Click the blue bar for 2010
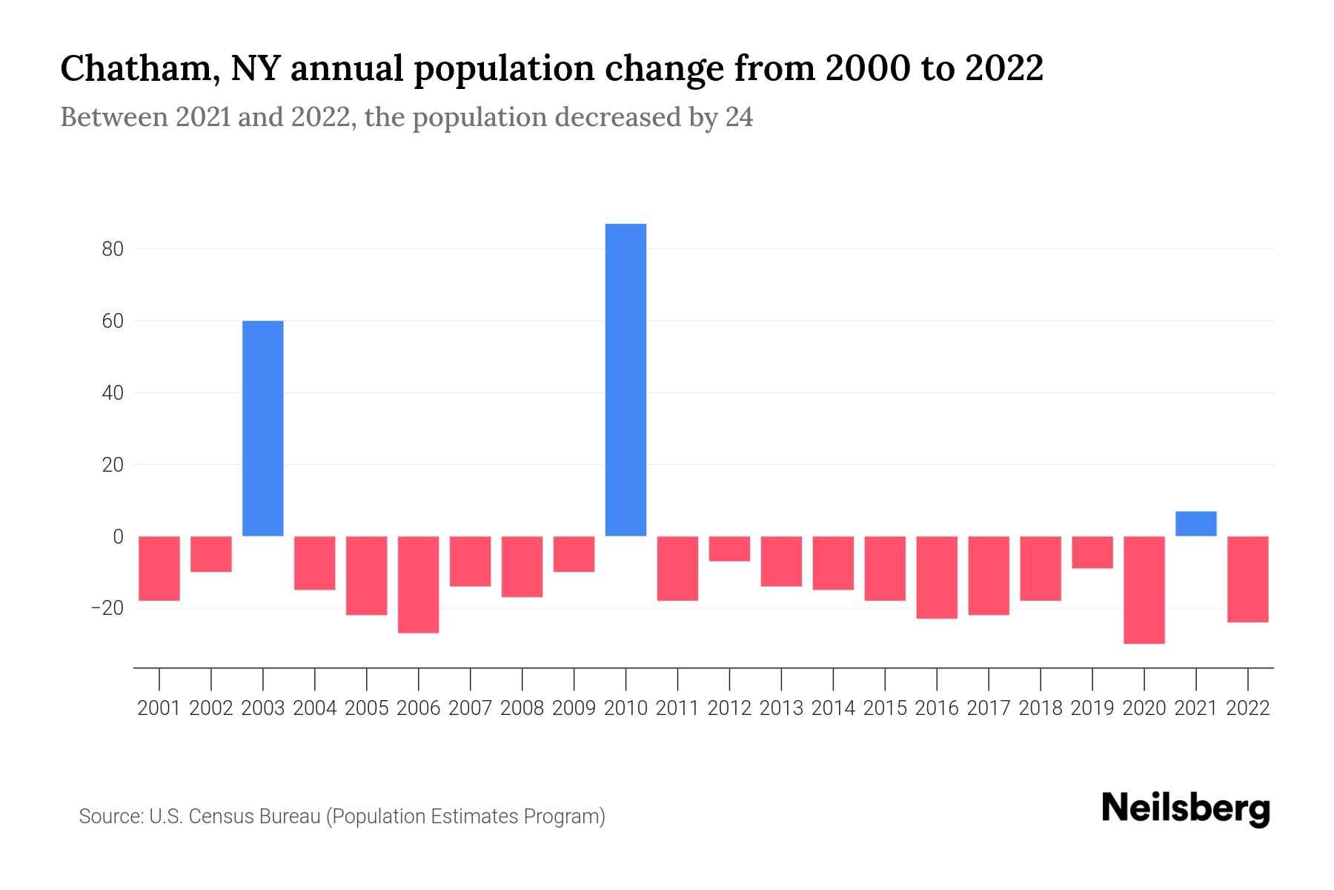coord(625,380)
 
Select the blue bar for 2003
coord(263,428)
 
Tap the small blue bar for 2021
coord(1195,524)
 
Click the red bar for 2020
coord(1144,590)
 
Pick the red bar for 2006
coord(419,584)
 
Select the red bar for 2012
coord(729,549)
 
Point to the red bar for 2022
coord(1247,579)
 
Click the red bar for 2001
coord(159,568)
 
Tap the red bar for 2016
coord(937,577)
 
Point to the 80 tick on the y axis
coord(113,249)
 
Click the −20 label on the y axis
coord(107,608)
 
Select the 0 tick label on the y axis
coord(118,536)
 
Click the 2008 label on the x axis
coord(522,708)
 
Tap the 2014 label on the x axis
coord(833,708)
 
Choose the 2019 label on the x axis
coord(1092,708)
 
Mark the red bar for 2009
coord(574,554)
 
